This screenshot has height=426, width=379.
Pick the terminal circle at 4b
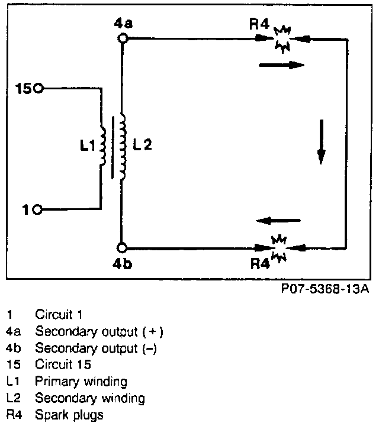click(x=122, y=248)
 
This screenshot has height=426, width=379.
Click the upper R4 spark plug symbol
click(x=280, y=40)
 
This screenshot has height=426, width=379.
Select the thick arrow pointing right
click(x=281, y=65)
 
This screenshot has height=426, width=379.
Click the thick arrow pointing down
click(x=321, y=141)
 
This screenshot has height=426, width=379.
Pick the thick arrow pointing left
click(x=278, y=221)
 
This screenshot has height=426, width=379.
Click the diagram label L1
click(x=88, y=146)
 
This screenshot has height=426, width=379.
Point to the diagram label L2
click(x=143, y=146)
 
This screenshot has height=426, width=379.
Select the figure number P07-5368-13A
click(x=326, y=289)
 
